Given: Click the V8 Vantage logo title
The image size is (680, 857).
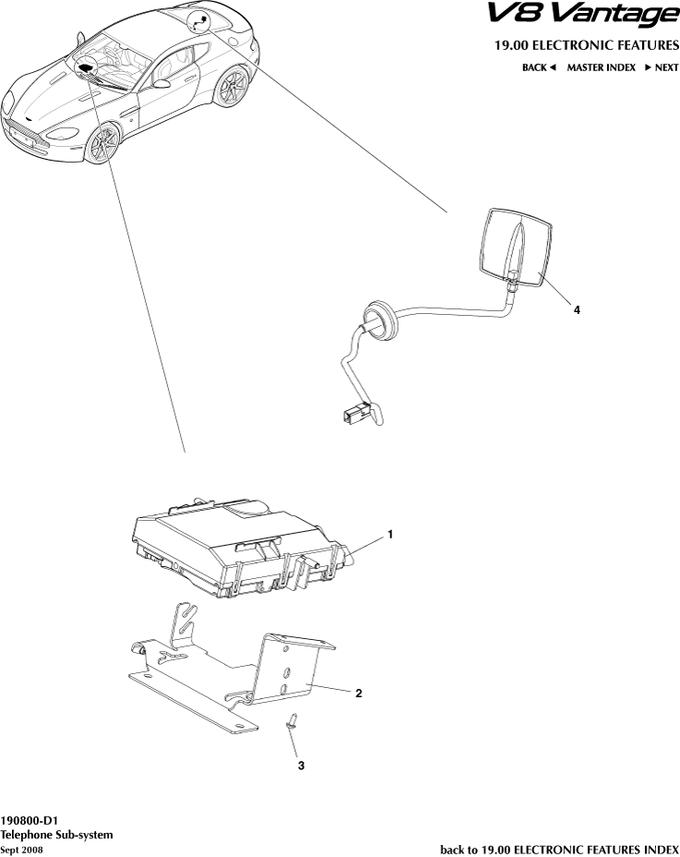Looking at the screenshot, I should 581,16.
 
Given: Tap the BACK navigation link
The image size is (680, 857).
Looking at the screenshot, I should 539,67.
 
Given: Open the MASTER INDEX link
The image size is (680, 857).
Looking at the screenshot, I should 601,67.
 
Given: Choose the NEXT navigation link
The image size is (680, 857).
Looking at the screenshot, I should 662,67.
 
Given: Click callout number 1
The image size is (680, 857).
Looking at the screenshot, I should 390,534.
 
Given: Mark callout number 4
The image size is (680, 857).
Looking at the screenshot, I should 577,311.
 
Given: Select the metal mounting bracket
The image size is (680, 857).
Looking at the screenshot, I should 231,674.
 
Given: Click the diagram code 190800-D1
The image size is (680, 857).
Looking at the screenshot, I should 29,819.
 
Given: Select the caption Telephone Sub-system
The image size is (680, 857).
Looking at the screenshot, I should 56,834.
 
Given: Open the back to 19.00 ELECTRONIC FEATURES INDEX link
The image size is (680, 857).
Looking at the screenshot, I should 559,849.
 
